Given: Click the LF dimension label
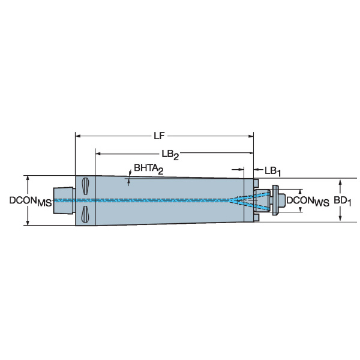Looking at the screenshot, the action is [159, 136].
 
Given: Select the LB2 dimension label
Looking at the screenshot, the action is [170, 155].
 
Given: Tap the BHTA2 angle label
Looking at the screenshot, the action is [149, 169].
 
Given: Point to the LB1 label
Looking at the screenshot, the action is [272, 171].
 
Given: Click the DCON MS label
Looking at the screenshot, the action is [31, 202].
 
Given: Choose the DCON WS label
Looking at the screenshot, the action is [308, 202].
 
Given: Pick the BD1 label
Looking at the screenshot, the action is [343, 202].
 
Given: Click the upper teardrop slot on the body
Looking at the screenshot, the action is [85, 186].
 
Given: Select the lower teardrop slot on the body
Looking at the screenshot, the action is [85, 214].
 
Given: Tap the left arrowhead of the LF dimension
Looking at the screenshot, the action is [78, 136].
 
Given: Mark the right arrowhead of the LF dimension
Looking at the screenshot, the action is [251, 136].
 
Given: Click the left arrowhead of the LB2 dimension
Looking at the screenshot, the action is [98, 154].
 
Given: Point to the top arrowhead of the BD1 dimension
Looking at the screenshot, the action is [340, 183].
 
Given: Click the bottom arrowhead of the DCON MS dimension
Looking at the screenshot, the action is [28, 223].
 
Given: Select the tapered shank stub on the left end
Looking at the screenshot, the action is [64, 200].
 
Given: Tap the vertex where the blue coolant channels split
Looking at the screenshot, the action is [230, 200].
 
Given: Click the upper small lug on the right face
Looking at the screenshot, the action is [256, 183].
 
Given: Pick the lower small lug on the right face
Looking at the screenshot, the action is [256, 218].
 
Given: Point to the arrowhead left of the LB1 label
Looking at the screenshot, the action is [256, 170].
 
